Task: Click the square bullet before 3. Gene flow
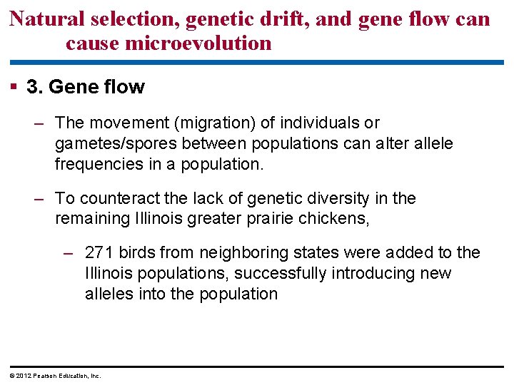(14, 87)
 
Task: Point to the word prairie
(275, 219)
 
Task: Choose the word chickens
(338, 219)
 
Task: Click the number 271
(99, 252)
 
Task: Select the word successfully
(276, 273)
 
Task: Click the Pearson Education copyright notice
(54, 375)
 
